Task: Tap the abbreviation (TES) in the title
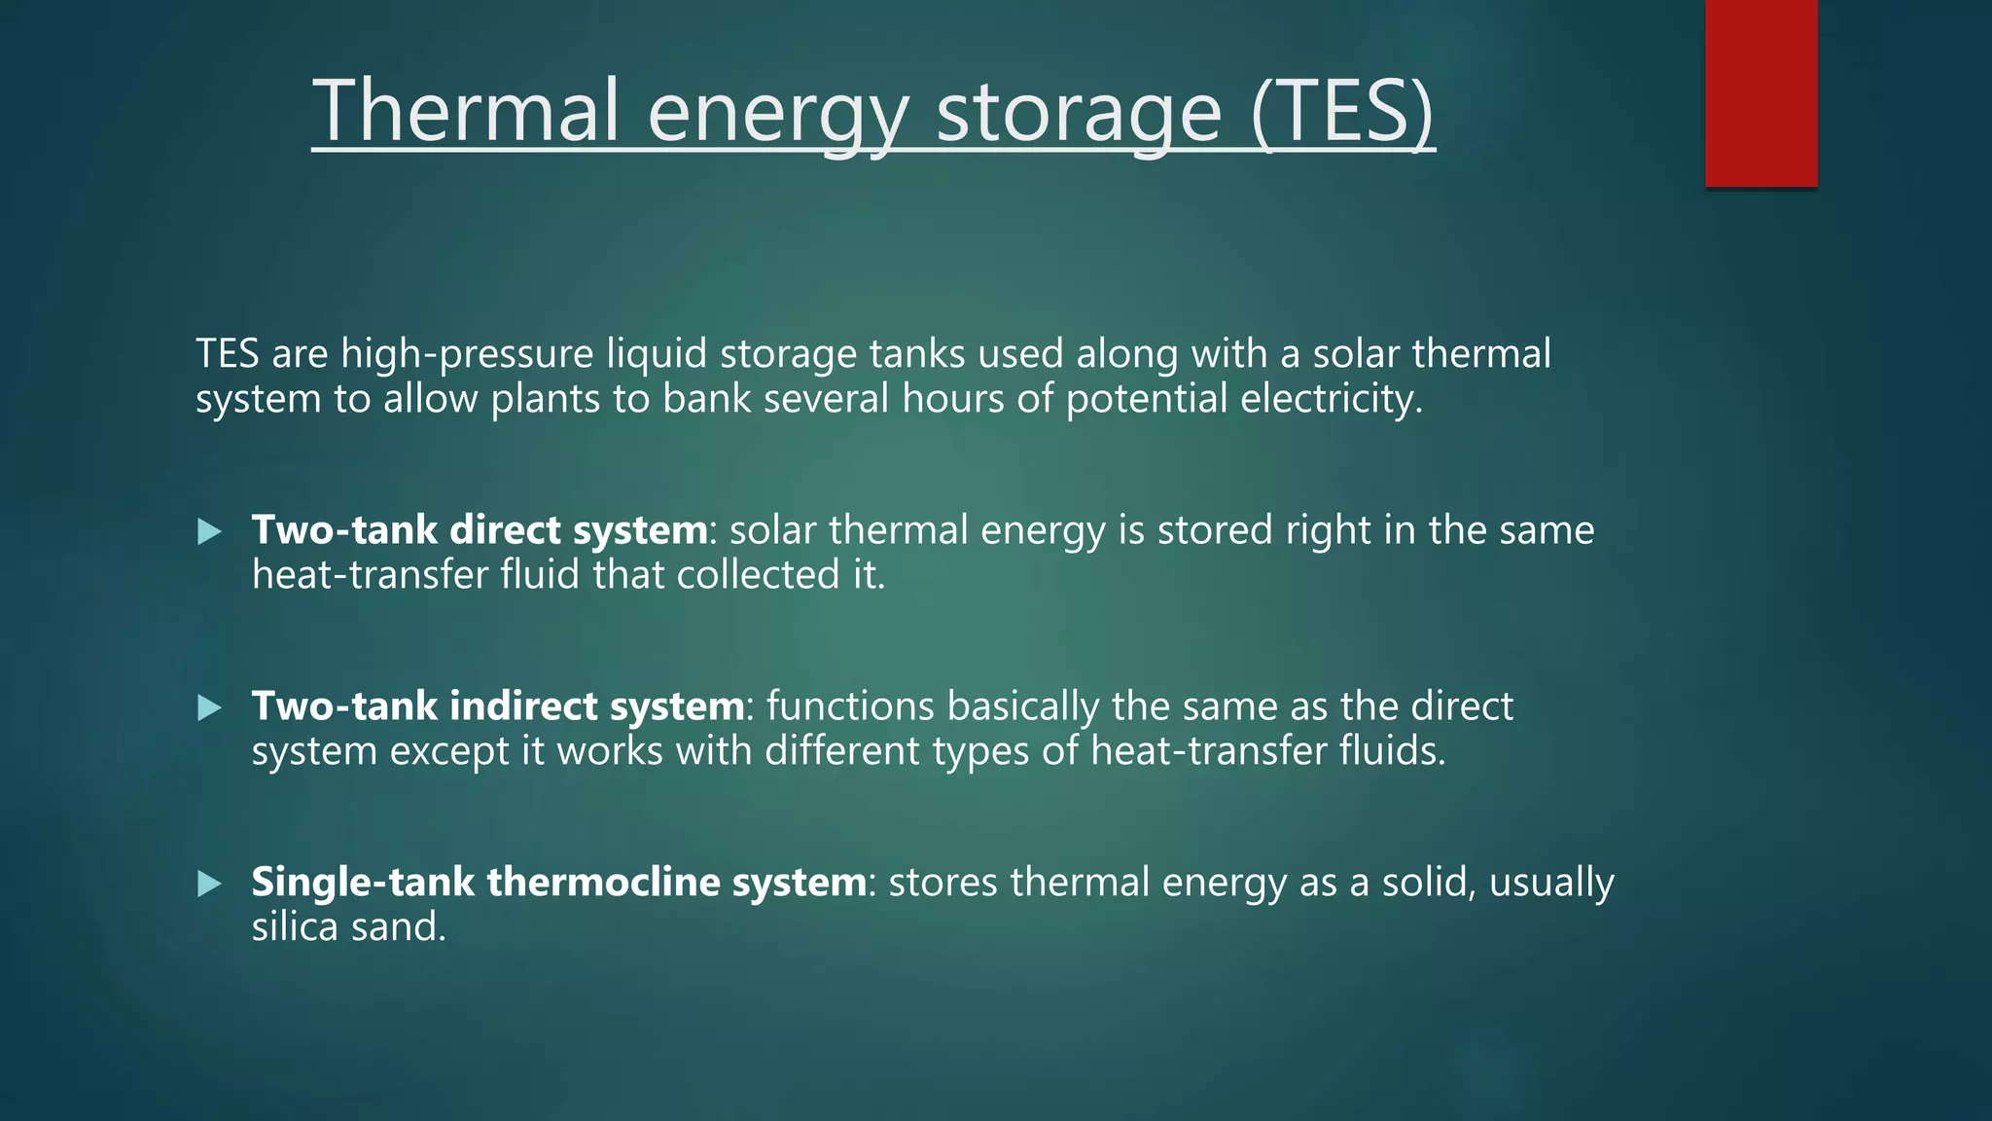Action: tap(1342, 112)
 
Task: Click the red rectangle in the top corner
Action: tap(1761, 93)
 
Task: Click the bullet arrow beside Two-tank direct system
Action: tap(209, 531)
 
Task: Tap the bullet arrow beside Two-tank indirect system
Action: tap(209, 707)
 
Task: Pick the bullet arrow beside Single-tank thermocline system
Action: tap(209, 884)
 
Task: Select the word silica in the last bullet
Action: tap(295, 927)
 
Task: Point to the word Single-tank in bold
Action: tap(363, 883)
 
